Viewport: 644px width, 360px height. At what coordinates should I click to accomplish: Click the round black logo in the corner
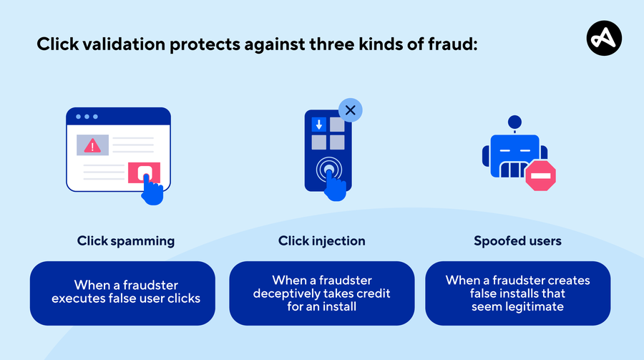[604, 38]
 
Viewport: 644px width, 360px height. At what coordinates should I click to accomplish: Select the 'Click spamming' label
[126, 240]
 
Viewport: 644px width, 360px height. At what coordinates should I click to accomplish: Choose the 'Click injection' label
[321, 240]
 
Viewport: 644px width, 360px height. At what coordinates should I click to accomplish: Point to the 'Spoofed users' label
[517, 240]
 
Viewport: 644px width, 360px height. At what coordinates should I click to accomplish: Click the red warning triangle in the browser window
[92, 145]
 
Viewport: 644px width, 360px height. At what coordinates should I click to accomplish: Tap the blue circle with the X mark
[351, 110]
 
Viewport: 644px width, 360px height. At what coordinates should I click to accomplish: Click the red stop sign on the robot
[540, 175]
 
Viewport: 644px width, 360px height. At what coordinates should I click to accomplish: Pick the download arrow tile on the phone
[318, 124]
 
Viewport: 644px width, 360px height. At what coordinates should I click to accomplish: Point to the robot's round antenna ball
[514, 122]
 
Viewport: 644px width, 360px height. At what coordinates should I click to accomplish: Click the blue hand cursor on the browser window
[152, 190]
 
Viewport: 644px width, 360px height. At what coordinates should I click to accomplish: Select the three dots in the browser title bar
[87, 117]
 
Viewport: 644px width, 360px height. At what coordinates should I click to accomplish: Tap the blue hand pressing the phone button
[335, 186]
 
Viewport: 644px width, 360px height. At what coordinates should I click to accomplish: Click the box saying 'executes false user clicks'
[122, 293]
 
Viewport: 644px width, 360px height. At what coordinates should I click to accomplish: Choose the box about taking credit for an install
[321, 293]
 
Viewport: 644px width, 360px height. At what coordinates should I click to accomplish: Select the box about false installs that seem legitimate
[517, 293]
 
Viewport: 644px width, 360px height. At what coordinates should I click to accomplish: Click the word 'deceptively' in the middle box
[286, 293]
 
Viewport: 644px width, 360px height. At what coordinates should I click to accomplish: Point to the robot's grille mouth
[512, 170]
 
